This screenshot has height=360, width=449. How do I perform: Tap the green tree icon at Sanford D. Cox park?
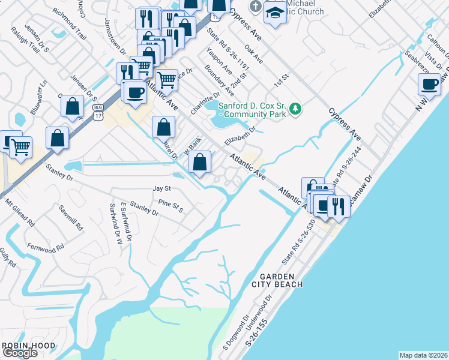(x=295, y=109)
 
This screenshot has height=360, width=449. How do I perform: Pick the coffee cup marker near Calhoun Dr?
(x=430, y=85)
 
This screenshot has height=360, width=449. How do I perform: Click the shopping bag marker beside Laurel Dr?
(x=164, y=127)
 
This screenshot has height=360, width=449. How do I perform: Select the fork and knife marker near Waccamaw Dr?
(x=339, y=206)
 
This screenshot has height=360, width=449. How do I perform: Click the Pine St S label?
(x=170, y=207)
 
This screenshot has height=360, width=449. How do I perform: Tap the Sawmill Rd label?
(x=71, y=220)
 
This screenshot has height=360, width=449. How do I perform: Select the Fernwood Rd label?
(x=46, y=248)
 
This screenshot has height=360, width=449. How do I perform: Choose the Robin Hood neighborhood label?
(x=29, y=346)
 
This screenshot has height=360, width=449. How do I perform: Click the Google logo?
(x=20, y=353)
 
